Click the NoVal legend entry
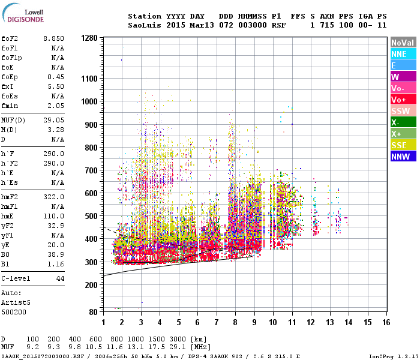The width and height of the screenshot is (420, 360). click(403, 43)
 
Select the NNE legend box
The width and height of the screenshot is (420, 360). click(403, 54)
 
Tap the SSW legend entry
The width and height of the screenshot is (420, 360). click(403, 111)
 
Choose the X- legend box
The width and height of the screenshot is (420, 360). click(403, 122)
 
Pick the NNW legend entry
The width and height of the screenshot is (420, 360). click(403, 157)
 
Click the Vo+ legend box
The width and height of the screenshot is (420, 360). click(403, 100)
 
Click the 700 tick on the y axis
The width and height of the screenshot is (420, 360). click(91, 170)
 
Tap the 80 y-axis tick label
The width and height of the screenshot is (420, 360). click(93, 312)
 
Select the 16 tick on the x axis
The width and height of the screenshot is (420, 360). click(386, 323)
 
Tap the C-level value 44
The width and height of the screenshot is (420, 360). click(59, 279)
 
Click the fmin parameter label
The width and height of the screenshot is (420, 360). click(11, 105)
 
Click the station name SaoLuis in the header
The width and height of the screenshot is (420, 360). click(144, 25)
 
